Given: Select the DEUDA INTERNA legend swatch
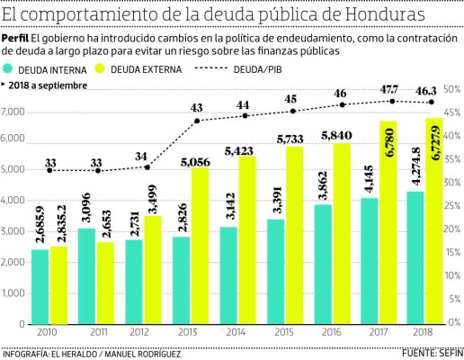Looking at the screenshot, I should coord(11,68).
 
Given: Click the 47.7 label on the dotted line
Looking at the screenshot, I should coord(388,90).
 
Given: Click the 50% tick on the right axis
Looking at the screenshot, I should coord(452,90).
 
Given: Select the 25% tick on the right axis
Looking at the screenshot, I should coord(452,206).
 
